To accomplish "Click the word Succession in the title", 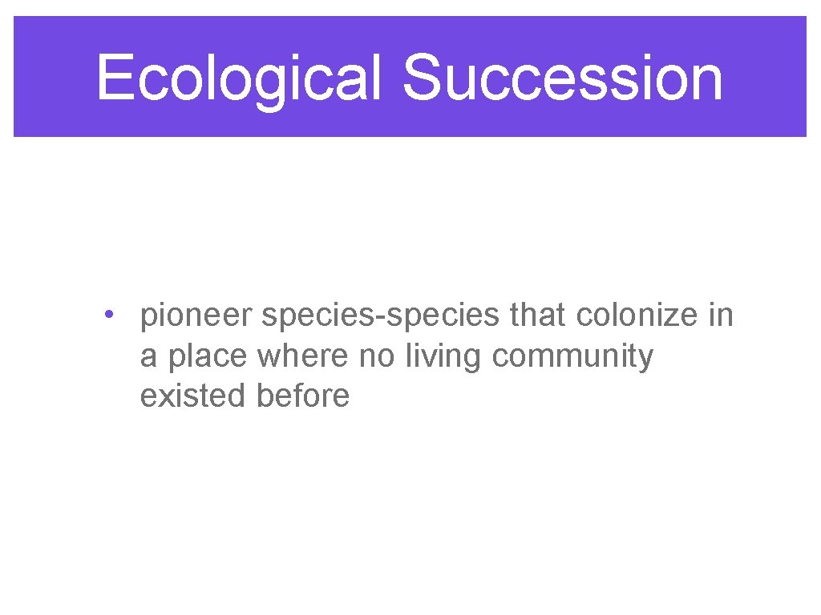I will click(562, 78).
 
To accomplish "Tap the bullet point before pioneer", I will click(107, 313).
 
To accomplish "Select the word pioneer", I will click(197, 316).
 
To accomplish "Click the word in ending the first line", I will click(720, 316).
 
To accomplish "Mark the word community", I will click(572, 356).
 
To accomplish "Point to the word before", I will click(303, 396).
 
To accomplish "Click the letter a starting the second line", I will click(148, 357).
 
